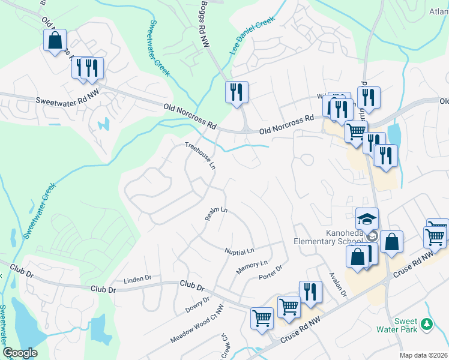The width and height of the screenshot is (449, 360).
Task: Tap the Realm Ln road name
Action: point(216,214)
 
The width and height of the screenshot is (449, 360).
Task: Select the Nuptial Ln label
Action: point(240,250)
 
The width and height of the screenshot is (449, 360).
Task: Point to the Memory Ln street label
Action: point(252,267)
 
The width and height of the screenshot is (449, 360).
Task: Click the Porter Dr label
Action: point(270,273)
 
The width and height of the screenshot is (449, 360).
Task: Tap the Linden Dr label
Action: point(138,280)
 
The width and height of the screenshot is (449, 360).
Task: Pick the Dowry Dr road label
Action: point(197,305)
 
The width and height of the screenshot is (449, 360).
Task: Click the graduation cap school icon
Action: point(367,219)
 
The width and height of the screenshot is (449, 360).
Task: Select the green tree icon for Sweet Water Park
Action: point(427,324)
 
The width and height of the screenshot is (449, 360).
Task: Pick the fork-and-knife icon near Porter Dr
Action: point(310,292)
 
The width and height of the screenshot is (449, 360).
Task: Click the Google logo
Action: point(20,353)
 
